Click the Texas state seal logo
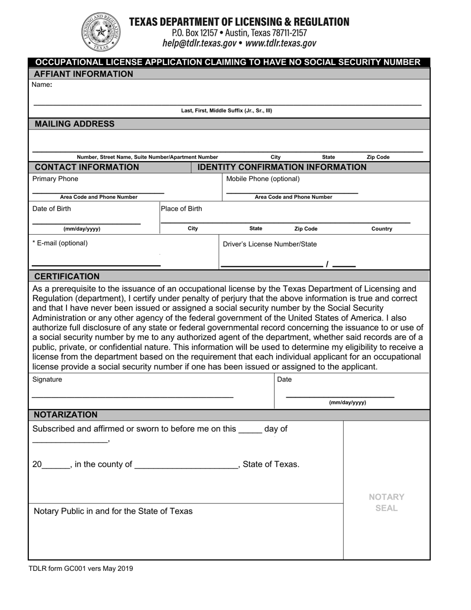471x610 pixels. [101, 32]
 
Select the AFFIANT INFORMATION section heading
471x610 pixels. [83, 74]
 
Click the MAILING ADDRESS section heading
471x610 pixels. [74, 124]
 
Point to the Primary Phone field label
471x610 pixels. [55, 179]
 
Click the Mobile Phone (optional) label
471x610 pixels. [263, 179]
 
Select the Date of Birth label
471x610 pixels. [52, 209]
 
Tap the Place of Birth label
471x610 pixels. [181, 209]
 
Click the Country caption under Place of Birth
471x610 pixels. [381, 229]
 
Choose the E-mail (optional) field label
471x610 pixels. [60, 243]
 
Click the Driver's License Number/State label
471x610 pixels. [270, 244]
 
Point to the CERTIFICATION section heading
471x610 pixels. [66, 276]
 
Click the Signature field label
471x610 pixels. [47, 379]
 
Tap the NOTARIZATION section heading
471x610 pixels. [65, 415]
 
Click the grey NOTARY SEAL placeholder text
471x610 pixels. [386, 502]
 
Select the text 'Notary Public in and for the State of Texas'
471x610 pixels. [113, 511]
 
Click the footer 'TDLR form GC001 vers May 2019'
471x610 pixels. [81, 569]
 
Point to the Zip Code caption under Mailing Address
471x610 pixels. [378, 157]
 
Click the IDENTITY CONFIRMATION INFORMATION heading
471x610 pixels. [282, 167]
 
